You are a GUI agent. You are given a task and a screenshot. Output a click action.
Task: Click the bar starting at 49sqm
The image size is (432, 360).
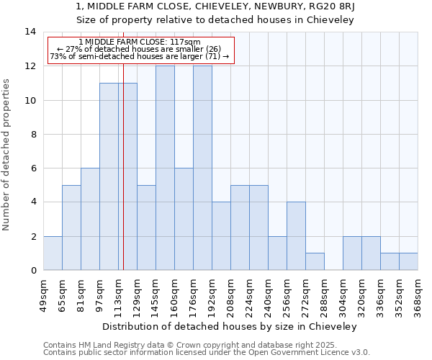click(53, 253)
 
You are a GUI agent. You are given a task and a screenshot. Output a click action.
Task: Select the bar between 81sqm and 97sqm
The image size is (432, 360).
click(90, 219)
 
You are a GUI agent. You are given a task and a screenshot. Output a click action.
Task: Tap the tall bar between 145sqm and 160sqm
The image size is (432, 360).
click(165, 168)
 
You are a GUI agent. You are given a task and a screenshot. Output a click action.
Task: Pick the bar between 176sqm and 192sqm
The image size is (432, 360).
click(202, 168)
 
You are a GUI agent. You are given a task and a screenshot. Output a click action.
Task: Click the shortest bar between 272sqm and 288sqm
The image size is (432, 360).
click(315, 261)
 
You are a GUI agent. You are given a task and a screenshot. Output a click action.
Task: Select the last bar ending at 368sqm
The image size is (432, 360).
click(408, 261)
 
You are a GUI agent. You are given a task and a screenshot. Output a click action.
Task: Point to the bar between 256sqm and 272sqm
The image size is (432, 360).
click(296, 236)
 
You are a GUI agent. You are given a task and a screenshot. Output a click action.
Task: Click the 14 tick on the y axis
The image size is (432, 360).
click(30, 32)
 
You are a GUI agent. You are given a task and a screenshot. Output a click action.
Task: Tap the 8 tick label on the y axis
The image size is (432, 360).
click(30, 134)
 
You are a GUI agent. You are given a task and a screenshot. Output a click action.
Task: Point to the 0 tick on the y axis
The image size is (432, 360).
click(30, 271)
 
